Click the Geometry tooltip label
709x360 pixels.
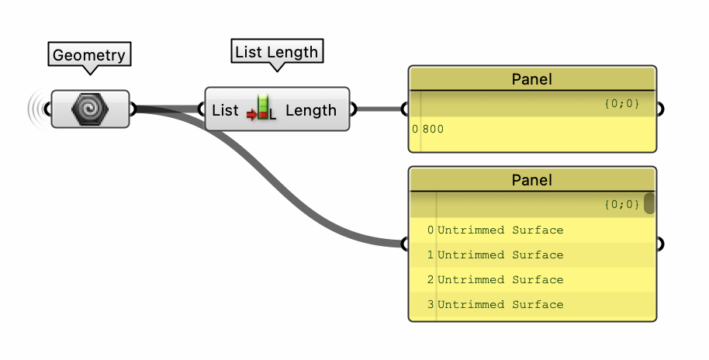pos(89,55)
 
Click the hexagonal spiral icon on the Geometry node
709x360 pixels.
pos(90,109)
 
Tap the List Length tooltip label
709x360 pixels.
pos(277,52)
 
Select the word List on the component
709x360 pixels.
pos(225,110)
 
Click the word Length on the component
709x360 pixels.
pos(311,110)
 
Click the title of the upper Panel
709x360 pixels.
pos(532,79)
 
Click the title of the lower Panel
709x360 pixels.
pos(532,180)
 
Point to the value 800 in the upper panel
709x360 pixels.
pos(433,130)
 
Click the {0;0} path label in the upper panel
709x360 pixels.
pos(621,103)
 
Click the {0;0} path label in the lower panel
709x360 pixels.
pos(621,204)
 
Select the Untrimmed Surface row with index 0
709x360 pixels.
pos(500,230)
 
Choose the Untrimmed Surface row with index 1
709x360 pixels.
pos(500,255)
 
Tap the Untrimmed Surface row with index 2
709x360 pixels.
pos(500,280)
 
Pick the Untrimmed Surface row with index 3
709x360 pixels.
pos(500,305)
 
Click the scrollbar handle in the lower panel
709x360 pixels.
pos(649,203)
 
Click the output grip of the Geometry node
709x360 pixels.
pos(133,109)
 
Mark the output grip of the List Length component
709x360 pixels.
pos(353,109)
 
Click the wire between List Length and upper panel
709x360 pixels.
pos(379,109)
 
